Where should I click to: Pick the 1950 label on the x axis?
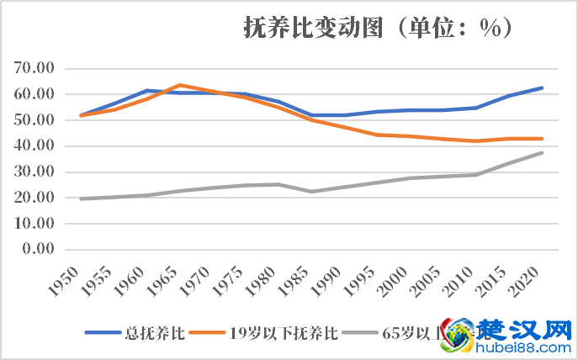click(x=71, y=278)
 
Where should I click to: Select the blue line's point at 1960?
click(x=146, y=91)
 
